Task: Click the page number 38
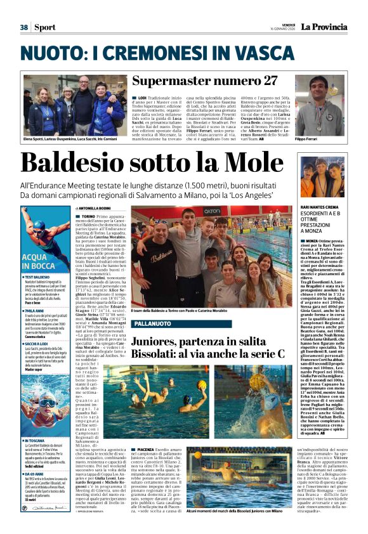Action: point(23,27)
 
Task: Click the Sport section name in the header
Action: point(44,27)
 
